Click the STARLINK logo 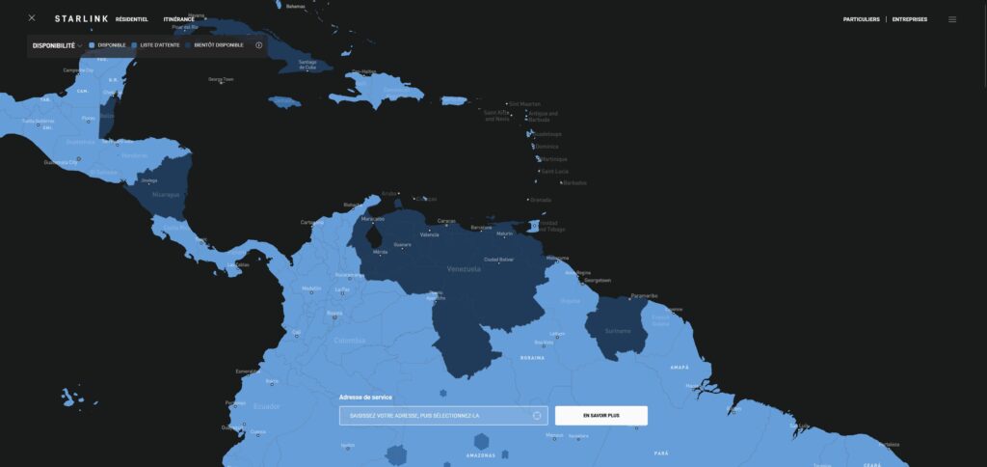(81, 18)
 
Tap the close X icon (32, 18)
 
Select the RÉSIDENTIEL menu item (131, 19)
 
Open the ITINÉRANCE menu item (178, 19)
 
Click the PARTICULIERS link (860, 19)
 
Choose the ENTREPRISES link (909, 19)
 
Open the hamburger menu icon (952, 19)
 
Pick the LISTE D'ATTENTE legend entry (155, 45)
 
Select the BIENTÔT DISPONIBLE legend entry (215, 45)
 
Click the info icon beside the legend (258, 45)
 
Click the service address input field (434, 416)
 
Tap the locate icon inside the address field (537, 416)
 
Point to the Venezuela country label (464, 269)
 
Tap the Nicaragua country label (167, 194)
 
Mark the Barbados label (574, 182)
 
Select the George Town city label (221, 79)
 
